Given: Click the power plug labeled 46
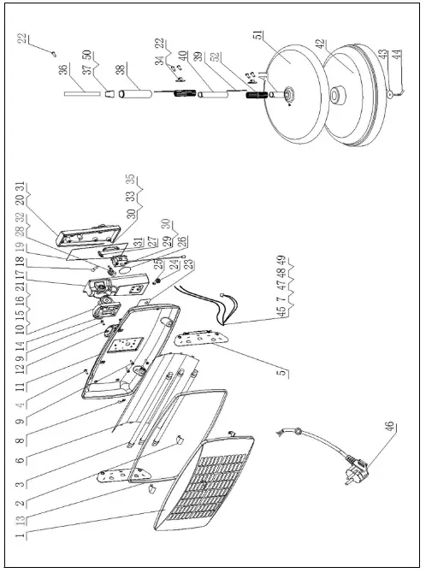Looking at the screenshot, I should pyautogui.click(x=353, y=470).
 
